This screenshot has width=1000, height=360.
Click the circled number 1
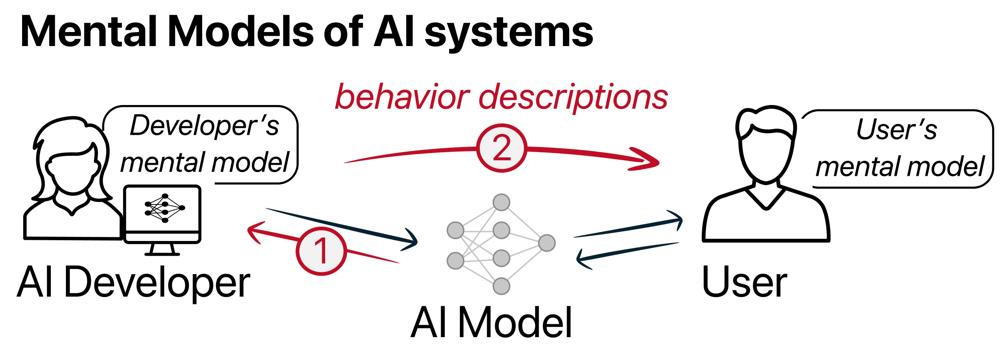[322, 249]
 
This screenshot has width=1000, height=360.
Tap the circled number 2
[501, 149]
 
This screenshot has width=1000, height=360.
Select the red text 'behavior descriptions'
[501, 97]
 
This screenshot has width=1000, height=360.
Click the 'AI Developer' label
[133, 281]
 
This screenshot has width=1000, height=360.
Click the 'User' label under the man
[744, 281]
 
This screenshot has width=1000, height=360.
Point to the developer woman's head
[61, 156]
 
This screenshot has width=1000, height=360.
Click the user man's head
[765, 148]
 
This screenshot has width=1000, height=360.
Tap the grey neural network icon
[501, 243]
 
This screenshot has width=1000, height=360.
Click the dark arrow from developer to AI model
[342, 227]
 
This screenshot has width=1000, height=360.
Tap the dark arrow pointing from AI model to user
[629, 228]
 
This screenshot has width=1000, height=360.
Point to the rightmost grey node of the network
[547, 243]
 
